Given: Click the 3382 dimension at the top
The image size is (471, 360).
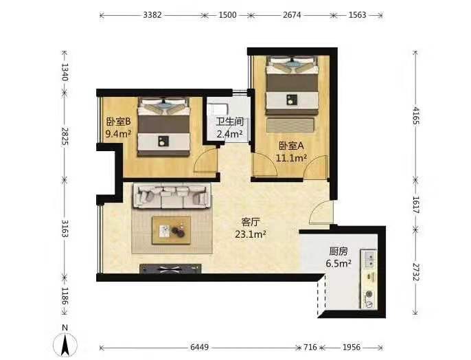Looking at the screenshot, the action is pyautogui.click(x=152, y=15).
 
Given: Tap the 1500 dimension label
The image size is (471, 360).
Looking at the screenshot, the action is pyautogui.click(x=227, y=15).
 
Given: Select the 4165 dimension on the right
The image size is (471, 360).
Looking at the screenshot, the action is pyautogui.click(x=416, y=115).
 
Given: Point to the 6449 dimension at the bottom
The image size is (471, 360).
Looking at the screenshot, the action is pyautogui.click(x=199, y=348).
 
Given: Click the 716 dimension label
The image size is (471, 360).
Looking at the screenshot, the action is pyautogui.click(x=310, y=348).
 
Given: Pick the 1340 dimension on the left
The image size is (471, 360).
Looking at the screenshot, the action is pyautogui.click(x=65, y=72).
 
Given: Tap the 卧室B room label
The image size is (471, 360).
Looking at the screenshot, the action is pyautogui.click(x=118, y=122).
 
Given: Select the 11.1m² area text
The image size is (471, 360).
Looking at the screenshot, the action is pyautogui.click(x=291, y=158).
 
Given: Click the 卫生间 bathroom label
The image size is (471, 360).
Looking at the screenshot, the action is pyautogui.click(x=230, y=122).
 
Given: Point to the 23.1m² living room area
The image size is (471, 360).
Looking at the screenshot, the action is pyautogui.click(x=250, y=234).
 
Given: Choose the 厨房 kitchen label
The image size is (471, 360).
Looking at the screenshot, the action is pyautogui.click(x=338, y=251).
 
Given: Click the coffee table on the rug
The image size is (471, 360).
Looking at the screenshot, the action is pyautogui.click(x=171, y=230).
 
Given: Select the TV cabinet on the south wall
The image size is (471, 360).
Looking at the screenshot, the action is pyautogui.click(x=170, y=269).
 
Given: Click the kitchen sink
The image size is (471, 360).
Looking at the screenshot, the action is pyautogui.click(x=369, y=260).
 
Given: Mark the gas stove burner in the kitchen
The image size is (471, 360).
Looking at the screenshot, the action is pyautogui.click(x=369, y=295).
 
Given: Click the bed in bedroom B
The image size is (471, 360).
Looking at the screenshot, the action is pyautogui.click(x=163, y=126).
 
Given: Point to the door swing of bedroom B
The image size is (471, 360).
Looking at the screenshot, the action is pyautogui.click(x=205, y=161).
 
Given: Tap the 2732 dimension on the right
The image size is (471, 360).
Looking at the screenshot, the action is pyautogui.click(x=416, y=272).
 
